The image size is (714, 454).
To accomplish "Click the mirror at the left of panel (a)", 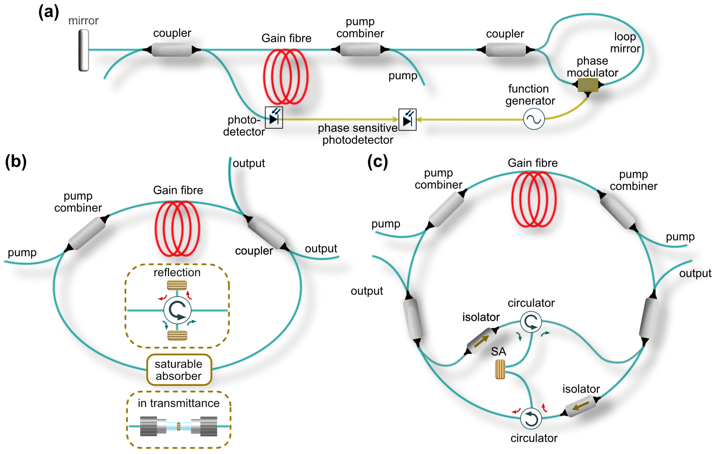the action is pyautogui.click(x=83, y=50).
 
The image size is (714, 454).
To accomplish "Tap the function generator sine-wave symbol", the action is pyautogui.click(x=534, y=119).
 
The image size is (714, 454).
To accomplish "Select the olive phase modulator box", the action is pyautogui.click(x=588, y=85).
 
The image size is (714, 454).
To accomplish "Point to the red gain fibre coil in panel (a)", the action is pyautogui.click(x=286, y=77).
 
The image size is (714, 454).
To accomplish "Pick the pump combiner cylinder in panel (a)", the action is pyautogui.click(x=360, y=49).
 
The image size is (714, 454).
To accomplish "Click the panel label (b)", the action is pyautogui.click(x=16, y=162).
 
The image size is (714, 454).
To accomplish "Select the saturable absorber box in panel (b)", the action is pyautogui.click(x=179, y=370).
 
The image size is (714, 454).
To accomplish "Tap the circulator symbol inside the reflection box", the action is pyautogui.click(x=177, y=310).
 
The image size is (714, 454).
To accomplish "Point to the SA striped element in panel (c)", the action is pyautogui.click(x=500, y=370).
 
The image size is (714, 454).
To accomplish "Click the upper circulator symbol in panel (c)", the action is pyautogui.click(x=531, y=322).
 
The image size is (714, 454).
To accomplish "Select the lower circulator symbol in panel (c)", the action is pyautogui.click(x=531, y=419).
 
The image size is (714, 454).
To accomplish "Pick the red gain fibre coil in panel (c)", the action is pyautogui.click(x=534, y=199).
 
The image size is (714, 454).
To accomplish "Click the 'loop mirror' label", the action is pyautogui.click(x=625, y=42).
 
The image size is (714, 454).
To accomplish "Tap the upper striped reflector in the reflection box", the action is pyautogui.click(x=177, y=285).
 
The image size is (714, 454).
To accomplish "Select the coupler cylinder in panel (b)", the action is pyautogui.click(x=266, y=233).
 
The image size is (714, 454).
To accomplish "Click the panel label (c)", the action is pyautogui.click(x=378, y=162).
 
